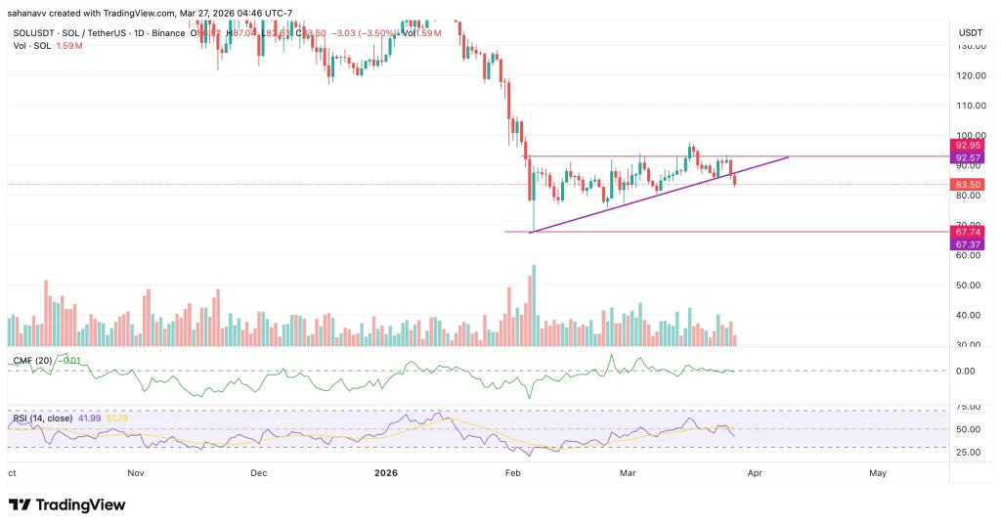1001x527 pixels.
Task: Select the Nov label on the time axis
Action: tap(136, 472)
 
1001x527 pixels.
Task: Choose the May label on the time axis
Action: tap(878, 472)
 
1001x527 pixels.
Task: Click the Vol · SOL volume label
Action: tap(29, 46)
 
